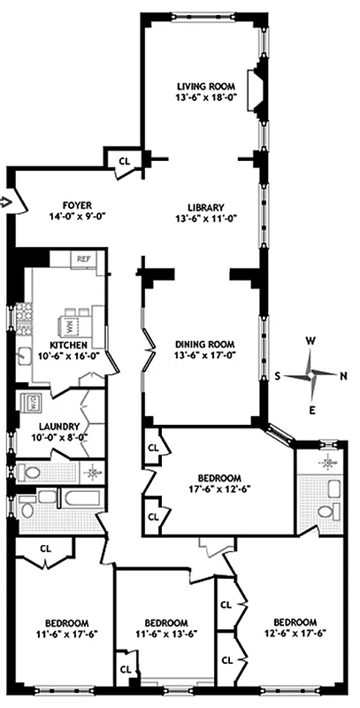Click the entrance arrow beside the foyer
[x=6, y=202]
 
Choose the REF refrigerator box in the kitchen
[x=84, y=259]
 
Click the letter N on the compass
[x=344, y=375]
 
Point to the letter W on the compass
[x=311, y=340]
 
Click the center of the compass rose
[x=311, y=374]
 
